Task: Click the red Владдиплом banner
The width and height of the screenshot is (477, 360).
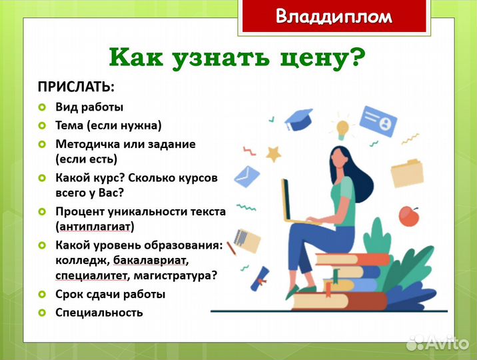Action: click(334, 16)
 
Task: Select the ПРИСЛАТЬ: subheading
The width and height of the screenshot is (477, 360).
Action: click(75, 87)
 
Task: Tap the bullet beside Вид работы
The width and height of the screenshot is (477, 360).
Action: click(41, 107)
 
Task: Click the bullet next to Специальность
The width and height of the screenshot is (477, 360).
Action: click(41, 312)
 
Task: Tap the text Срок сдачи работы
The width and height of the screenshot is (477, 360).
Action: click(110, 294)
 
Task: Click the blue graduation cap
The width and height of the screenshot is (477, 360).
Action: click(299, 119)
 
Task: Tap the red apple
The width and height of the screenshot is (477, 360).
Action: click(408, 215)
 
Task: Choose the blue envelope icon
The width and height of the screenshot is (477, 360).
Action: click(246, 176)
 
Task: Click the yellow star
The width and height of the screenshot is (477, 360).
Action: click(274, 154)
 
